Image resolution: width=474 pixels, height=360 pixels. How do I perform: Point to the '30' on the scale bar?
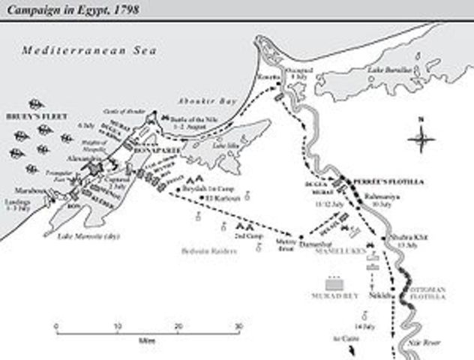238,327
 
